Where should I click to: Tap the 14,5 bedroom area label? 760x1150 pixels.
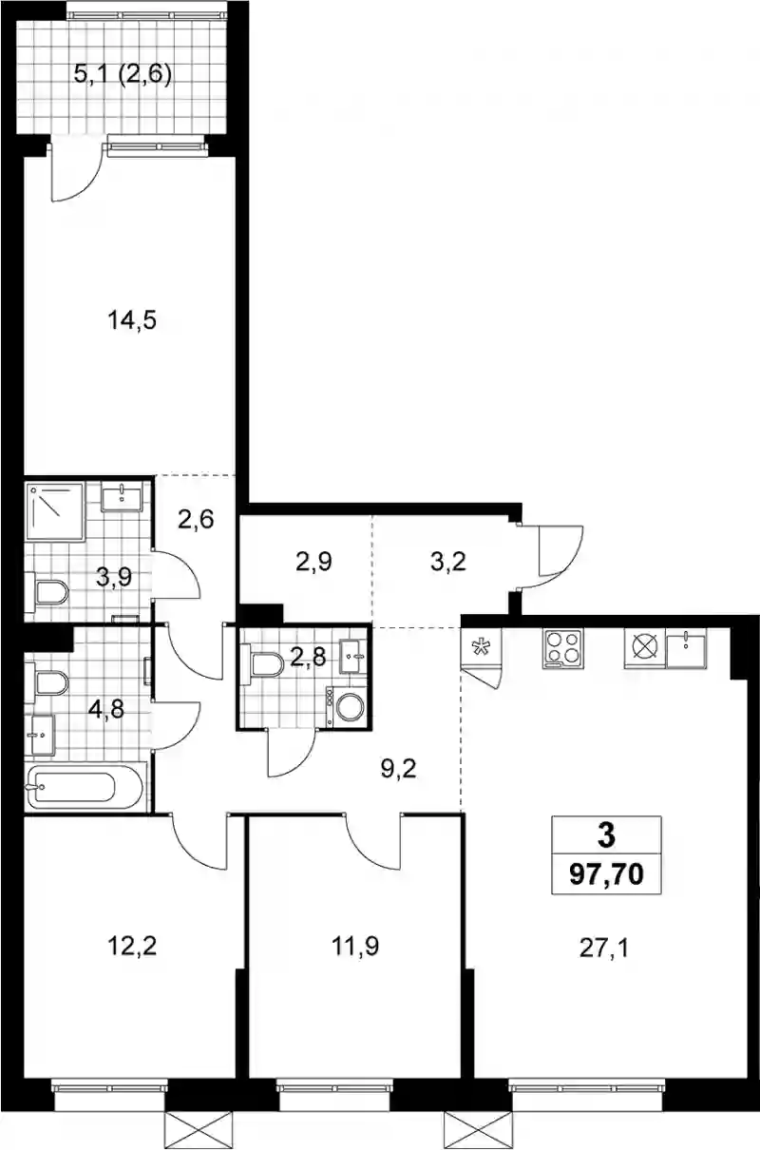132,321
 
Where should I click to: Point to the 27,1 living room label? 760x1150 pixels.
604,949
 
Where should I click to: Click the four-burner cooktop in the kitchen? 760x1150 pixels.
563,648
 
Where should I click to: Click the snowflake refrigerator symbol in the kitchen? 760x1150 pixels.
482,647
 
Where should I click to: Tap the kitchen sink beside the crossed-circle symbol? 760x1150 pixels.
686,648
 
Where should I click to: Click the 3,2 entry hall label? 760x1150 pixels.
448,562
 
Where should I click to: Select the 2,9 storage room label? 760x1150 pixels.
313,562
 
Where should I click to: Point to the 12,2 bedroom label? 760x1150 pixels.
132,946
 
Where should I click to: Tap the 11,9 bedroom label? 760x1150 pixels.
355,946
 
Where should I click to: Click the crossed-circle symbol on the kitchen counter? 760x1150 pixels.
645,648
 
